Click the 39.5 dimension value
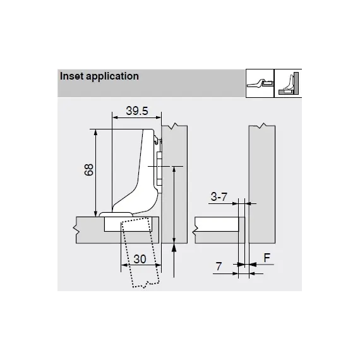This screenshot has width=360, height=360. [137, 111]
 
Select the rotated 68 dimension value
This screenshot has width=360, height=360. [89, 170]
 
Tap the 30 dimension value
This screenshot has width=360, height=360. [140, 259]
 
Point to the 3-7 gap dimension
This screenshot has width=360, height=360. [219, 197]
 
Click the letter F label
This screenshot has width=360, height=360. [267, 258]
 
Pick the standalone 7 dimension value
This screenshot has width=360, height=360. [219, 267]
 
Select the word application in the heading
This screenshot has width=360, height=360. [112, 77]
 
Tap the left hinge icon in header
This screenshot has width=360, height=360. [260, 83]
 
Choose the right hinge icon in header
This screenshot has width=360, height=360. [289, 83]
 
